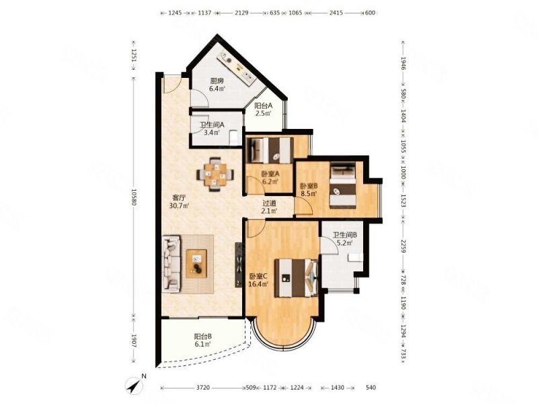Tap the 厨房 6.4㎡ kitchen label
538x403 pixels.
(217, 85)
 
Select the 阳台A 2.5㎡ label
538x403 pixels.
(263, 109)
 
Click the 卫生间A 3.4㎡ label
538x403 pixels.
(212, 129)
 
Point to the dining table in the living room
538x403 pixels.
(215, 174)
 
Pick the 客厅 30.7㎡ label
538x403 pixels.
(179, 202)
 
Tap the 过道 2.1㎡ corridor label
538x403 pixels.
(269, 207)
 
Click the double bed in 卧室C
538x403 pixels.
(296, 278)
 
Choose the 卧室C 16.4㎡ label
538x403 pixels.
(258, 279)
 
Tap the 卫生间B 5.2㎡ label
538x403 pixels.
(345, 239)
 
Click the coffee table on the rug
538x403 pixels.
(196, 263)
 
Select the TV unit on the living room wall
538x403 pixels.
(238, 265)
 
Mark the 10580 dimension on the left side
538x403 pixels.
(134, 197)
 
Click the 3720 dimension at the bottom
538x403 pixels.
(203, 388)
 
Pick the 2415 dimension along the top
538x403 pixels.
(336, 13)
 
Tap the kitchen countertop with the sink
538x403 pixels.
(237, 69)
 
